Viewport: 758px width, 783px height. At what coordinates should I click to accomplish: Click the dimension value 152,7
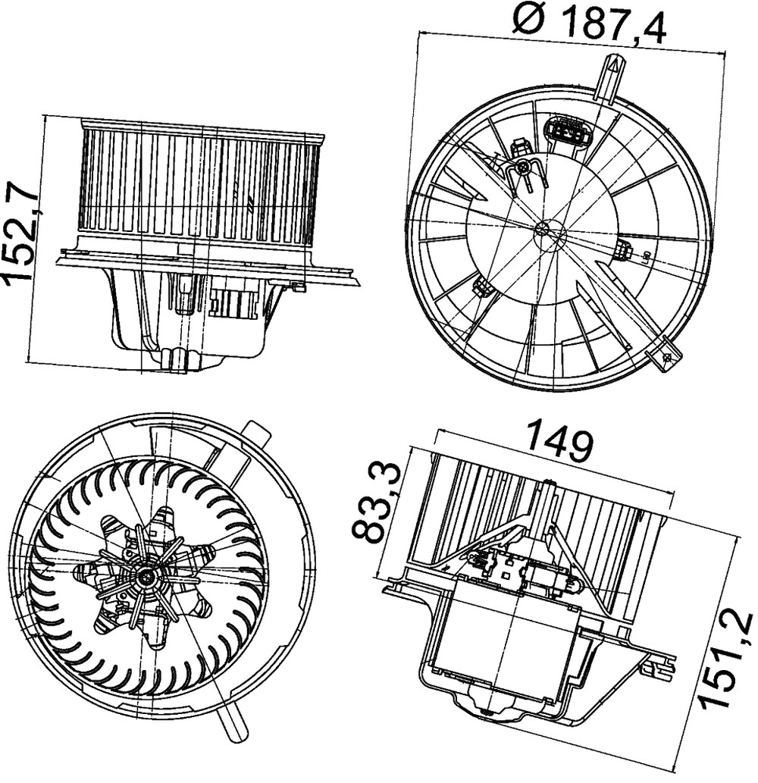(x=20, y=230)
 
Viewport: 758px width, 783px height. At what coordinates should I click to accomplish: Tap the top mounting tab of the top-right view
(x=608, y=78)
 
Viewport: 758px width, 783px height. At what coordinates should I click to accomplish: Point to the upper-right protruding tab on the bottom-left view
(x=255, y=437)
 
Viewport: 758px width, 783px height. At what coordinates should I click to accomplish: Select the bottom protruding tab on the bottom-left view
(x=234, y=725)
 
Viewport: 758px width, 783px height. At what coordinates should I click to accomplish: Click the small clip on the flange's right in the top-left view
(x=297, y=286)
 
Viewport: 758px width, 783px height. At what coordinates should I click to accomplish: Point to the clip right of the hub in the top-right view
(x=624, y=251)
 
